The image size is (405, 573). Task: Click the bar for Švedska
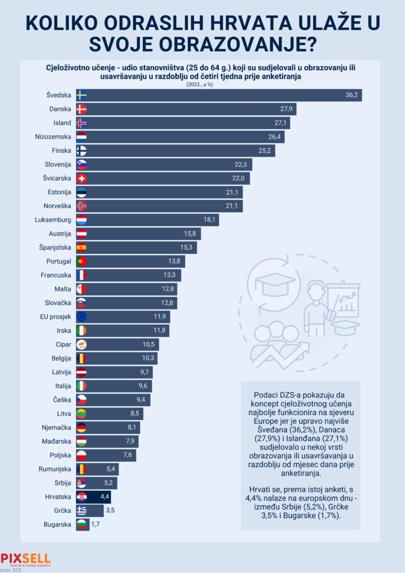(224, 95)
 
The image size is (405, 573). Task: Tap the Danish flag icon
(81, 109)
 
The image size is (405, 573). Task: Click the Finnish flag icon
(81, 151)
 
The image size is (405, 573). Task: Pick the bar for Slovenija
(168, 165)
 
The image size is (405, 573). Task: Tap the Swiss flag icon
(81, 179)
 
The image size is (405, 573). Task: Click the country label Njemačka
(54, 428)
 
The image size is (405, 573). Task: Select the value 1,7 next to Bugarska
(95, 525)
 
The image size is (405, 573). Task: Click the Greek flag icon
(81, 510)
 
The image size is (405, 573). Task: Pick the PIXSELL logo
(26, 558)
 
